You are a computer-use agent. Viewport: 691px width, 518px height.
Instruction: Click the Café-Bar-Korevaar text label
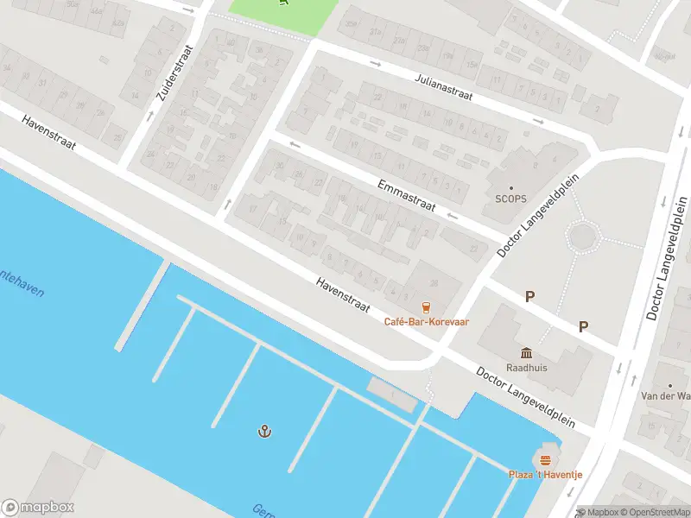click(x=426, y=322)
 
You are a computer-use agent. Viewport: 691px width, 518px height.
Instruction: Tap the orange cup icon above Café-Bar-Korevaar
click(x=426, y=306)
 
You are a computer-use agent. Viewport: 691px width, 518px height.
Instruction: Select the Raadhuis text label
click(x=527, y=367)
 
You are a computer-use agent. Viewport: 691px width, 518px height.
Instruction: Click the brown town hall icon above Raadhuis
click(x=527, y=352)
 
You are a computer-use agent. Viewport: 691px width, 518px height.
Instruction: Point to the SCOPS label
click(x=510, y=199)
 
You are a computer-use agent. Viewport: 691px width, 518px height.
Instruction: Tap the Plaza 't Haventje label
click(x=544, y=475)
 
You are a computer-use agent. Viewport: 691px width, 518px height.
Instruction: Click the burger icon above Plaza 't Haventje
click(x=544, y=459)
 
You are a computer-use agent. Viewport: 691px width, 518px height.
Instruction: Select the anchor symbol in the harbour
click(x=264, y=430)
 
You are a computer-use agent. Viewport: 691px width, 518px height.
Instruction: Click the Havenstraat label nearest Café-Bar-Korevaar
click(x=343, y=295)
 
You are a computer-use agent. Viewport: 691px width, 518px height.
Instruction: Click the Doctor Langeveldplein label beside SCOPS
click(x=536, y=212)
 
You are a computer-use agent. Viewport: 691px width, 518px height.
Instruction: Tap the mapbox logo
click(x=38, y=508)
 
